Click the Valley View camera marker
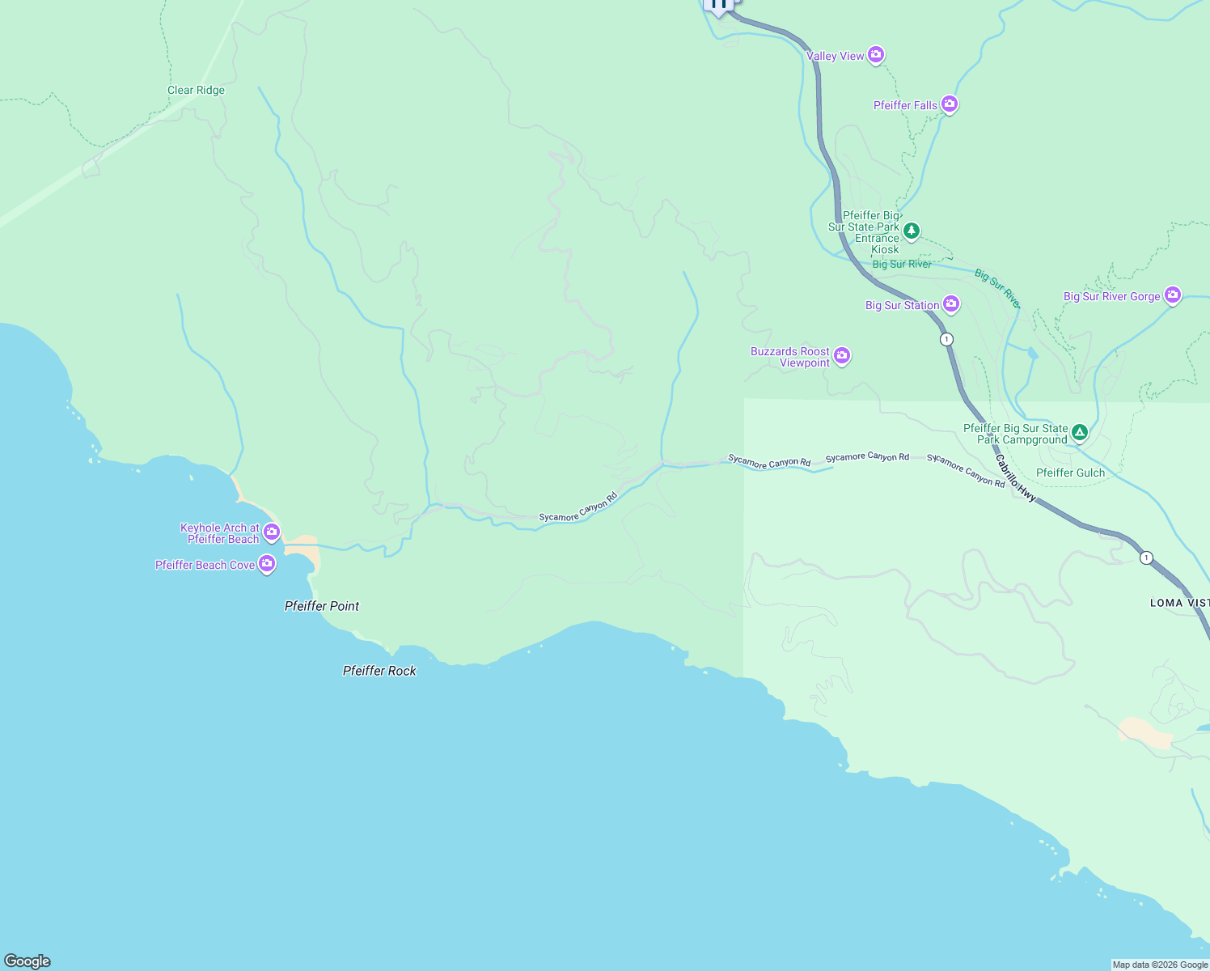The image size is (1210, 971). point(876,55)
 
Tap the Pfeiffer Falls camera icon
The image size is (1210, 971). point(950,104)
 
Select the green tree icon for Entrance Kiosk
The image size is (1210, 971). point(912,231)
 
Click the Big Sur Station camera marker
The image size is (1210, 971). point(951,304)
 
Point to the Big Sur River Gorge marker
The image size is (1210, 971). point(1173,295)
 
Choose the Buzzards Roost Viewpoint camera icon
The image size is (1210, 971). point(842,356)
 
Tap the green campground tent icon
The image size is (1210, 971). point(1079,433)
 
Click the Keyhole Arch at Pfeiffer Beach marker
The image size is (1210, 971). point(272,532)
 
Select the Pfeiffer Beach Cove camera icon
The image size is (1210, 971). point(267,564)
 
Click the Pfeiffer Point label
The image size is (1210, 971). point(322,606)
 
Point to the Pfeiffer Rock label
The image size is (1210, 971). point(379,671)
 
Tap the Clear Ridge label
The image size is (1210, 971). point(196,90)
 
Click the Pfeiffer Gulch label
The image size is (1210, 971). point(1070,473)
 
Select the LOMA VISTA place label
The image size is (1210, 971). point(1179,603)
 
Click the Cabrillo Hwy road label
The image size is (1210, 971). point(1016,479)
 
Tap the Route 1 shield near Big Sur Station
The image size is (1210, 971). point(946,339)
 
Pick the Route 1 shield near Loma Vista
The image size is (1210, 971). point(1146,558)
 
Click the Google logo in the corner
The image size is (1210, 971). point(27,960)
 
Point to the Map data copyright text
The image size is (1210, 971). point(1160,965)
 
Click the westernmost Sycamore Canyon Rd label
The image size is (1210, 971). point(578,507)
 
